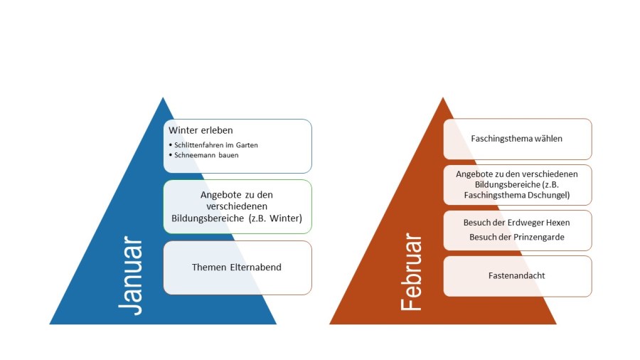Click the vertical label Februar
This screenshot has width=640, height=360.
tap(412, 273)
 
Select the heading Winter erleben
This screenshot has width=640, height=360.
tap(201, 131)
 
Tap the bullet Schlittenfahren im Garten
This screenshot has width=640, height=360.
tap(215, 145)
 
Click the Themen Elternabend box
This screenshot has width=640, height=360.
tap(237, 268)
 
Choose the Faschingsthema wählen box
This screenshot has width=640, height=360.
tap(517, 139)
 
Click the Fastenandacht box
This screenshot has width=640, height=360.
tap(517, 276)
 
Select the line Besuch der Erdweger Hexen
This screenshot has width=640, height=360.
tap(517, 223)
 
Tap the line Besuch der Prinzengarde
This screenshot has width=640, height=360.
tap(517, 237)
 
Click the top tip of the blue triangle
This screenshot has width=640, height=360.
tap(163, 98)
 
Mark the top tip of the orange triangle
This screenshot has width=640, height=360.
tap(442, 98)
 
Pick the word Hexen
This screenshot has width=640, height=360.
tap(558, 223)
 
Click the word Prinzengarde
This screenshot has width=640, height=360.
tap(540, 237)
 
